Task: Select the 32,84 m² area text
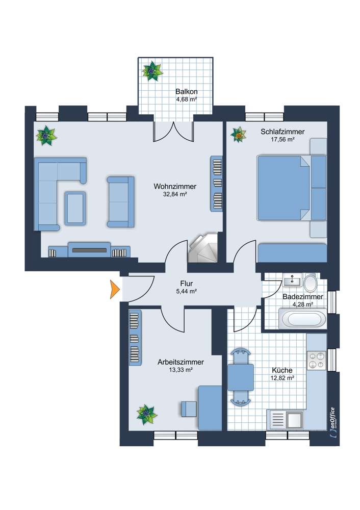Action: [175, 194]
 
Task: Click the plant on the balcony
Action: [152, 71]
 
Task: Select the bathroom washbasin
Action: [292, 280]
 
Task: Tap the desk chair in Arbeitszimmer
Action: [188, 409]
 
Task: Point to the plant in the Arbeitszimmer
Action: [146, 414]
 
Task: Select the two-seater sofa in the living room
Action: [120, 201]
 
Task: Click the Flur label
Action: [186, 284]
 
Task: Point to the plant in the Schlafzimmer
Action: [238, 135]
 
